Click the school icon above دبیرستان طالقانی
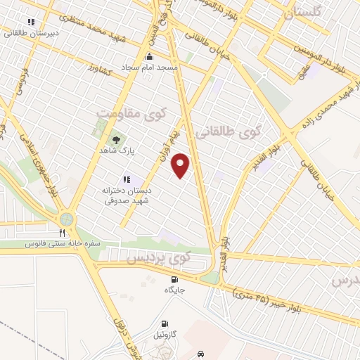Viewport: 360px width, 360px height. click(x=31, y=21)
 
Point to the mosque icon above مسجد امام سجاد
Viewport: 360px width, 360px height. click(x=148, y=56)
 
